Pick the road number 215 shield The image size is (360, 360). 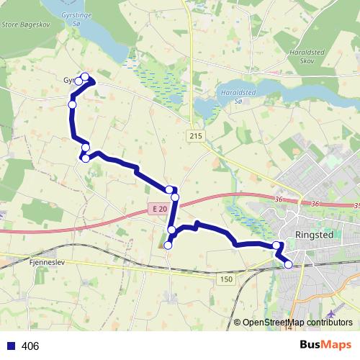[197, 136]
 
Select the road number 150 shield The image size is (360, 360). [228, 279]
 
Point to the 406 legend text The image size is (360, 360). [30, 346]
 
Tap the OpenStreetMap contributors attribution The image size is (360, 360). [297, 322]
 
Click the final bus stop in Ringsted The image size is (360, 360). [289, 264]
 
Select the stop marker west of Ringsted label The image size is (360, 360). [276, 246]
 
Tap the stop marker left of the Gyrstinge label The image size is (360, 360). [78, 81]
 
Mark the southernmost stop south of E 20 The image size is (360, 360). [168, 246]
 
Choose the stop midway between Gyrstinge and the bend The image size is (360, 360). [72, 105]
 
